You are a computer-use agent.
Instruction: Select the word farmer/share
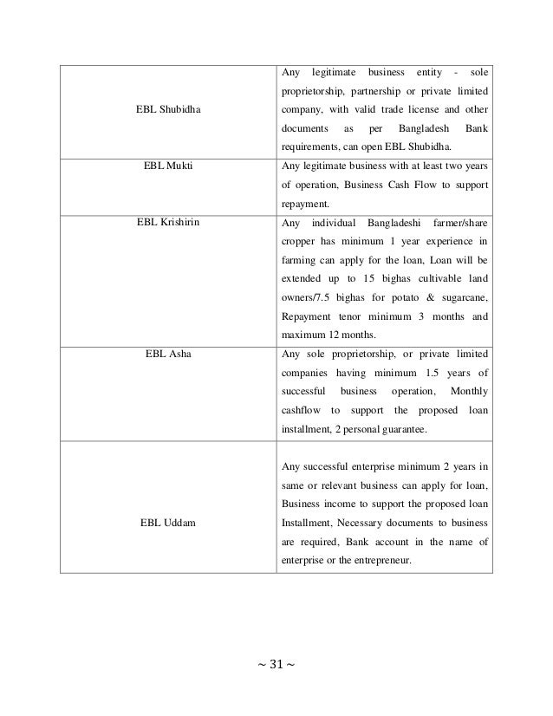coord(459,221)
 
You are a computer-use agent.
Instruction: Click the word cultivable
coord(417,277)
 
